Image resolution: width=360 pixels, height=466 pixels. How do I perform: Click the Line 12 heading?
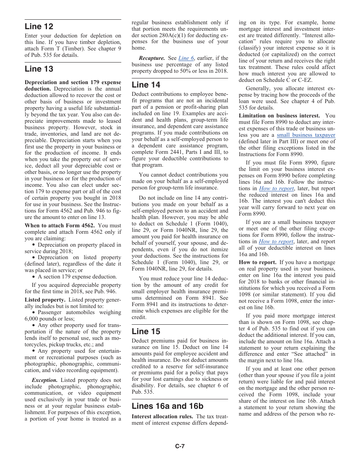(39, 27)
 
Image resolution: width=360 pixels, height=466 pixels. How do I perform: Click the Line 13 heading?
(39, 69)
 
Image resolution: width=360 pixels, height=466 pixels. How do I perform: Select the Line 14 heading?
(146, 84)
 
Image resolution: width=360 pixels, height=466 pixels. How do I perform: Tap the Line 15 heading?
(146, 331)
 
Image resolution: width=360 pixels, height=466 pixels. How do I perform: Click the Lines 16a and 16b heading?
(167, 406)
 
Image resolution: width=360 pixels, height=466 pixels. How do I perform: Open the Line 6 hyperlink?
(186, 58)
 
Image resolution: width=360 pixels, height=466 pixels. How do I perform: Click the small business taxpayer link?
(306, 135)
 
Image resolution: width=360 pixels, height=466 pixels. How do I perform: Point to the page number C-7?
(180, 446)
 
